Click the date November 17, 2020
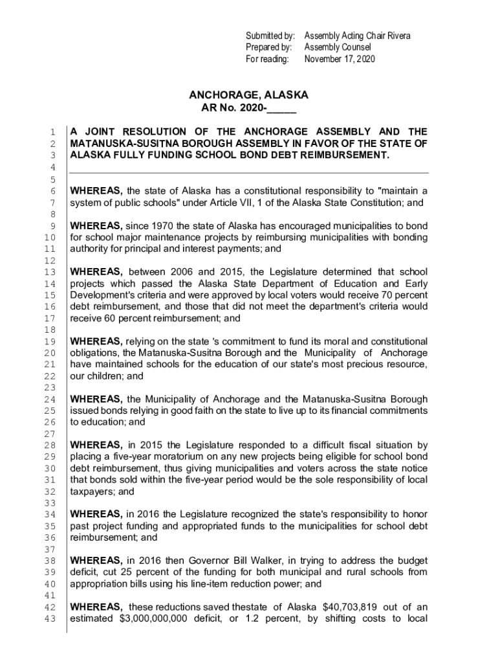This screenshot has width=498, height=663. point(340,59)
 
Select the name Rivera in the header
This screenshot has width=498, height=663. point(396,36)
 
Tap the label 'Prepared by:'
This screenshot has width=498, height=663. point(269,47)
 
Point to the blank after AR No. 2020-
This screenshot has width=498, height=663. point(281,108)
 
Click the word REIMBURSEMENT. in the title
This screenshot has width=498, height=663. point(350,155)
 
